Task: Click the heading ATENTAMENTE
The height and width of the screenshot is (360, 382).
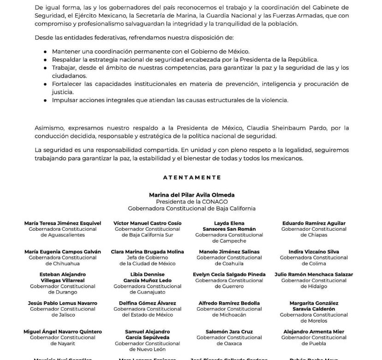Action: (192, 177)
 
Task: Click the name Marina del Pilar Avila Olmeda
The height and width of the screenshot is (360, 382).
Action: (191, 195)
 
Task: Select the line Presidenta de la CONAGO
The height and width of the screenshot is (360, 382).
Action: (191, 202)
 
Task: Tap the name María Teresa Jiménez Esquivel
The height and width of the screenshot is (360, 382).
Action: (63, 223)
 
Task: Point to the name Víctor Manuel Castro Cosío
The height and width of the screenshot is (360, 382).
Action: (147, 223)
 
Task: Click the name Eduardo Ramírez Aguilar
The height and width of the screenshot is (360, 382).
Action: (314, 223)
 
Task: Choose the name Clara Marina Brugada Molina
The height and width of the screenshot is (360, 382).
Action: (147, 252)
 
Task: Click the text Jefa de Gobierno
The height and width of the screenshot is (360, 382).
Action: (147, 258)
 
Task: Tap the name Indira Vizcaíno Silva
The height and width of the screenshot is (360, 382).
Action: (314, 252)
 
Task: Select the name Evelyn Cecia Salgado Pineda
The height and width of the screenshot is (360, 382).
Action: (229, 275)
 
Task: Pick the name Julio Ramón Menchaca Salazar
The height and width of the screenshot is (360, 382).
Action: (314, 275)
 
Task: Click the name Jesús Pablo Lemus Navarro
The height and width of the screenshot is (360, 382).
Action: (63, 303)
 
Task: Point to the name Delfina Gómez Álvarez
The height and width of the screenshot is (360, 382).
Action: (147, 303)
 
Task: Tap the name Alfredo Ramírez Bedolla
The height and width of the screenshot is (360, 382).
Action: (229, 303)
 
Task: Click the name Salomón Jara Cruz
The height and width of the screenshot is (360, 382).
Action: (229, 332)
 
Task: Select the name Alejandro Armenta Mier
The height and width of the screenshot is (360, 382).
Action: (314, 332)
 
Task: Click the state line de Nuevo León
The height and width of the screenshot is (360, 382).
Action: (147, 349)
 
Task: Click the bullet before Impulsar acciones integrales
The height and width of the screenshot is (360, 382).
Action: (45, 100)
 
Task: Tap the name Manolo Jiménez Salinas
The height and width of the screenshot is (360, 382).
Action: (229, 252)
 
